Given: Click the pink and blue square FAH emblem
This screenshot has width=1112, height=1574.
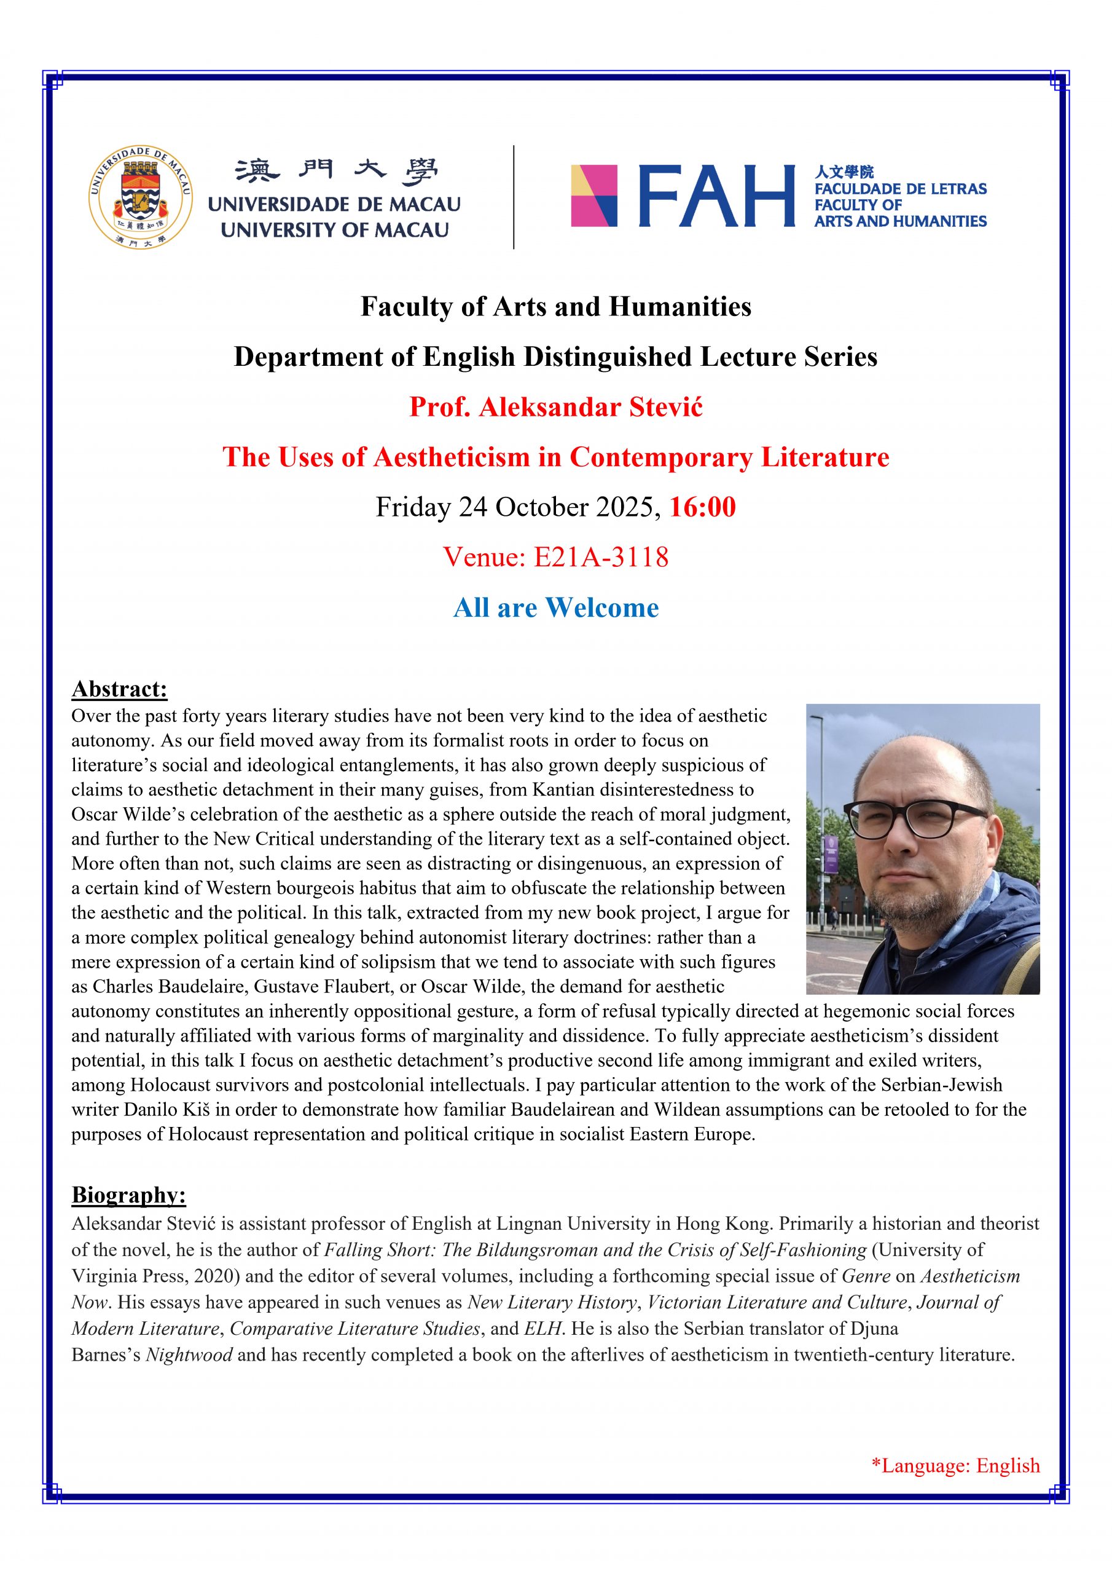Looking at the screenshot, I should click(x=594, y=196).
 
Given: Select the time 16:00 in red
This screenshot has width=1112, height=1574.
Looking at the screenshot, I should click(x=702, y=507).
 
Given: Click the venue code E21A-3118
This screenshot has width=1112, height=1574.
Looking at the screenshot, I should click(x=600, y=557).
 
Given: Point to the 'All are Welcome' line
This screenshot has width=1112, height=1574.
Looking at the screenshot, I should click(x=555, y=607).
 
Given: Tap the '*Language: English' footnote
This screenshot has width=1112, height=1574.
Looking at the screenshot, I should click(x=955, y=1466).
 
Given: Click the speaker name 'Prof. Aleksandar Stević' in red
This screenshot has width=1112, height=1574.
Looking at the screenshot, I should click(x=555, y=407).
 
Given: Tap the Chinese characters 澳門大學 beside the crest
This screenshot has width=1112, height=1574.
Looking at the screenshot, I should click(x=335, y=172).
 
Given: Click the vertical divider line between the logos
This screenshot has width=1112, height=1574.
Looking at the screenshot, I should click(x=514, y=197).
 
